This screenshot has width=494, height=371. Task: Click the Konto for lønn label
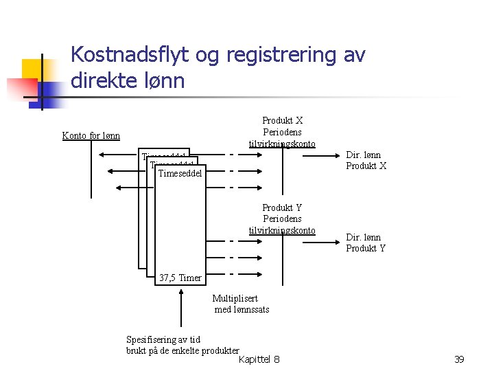pos(91,135)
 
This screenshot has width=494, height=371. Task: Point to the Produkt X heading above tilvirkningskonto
pos(282,121)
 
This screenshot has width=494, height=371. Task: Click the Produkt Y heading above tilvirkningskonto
pos(282,207)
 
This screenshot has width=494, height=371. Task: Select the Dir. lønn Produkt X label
pos(366,160)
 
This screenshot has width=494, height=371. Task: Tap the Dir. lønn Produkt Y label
pos(366,243)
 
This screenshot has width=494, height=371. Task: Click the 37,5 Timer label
pos(180,278)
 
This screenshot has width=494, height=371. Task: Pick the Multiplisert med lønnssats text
pos(241,304)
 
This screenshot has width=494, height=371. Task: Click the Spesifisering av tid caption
pos(163,339)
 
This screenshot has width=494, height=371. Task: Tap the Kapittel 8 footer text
pos(259,359)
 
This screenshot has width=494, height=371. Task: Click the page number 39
pos(460,359)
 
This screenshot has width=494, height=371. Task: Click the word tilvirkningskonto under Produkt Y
pos(282,230)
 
